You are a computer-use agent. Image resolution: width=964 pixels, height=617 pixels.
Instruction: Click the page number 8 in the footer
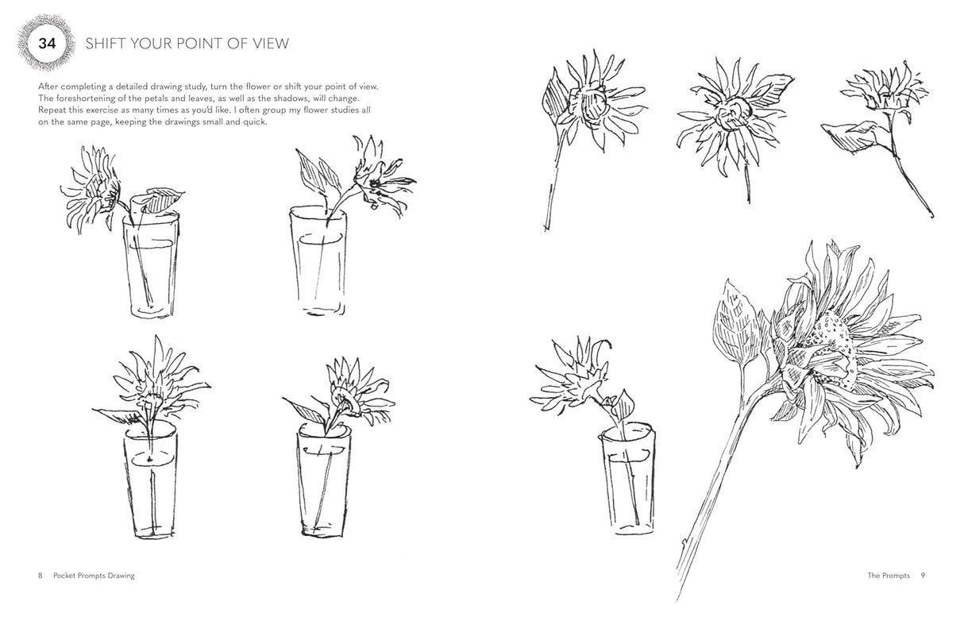[x=40, y=575]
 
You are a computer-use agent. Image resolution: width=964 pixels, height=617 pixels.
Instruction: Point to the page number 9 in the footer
[x=924, y=575]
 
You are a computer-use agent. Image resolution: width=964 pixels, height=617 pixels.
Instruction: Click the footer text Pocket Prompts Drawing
[x=94, y=575]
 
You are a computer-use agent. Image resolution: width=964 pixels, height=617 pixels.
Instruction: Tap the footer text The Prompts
[x=889, y=575]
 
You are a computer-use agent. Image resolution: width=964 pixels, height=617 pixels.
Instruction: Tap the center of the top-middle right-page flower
[x=730, y=117]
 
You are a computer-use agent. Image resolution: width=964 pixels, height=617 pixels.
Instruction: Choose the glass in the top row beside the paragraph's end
[x=318, y=262]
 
